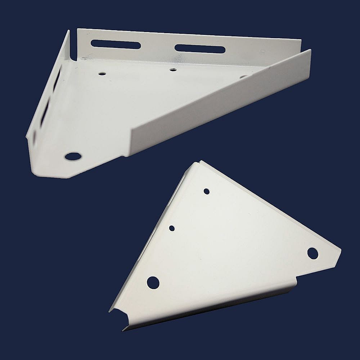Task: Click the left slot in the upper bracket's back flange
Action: click(115, 45)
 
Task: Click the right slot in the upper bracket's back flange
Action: click(200, 49)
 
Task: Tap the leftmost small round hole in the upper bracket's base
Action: click(102, 73)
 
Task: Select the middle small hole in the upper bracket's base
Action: click(173, 69)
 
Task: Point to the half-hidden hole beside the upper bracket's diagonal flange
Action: click(243, 76)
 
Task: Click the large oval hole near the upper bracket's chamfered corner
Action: click(73, 156)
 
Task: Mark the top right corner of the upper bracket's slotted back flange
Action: click(301, 40)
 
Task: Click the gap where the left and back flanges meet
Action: click(73, 54)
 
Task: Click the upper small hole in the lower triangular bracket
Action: click(207, 191)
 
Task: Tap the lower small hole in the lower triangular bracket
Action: click(172, 228)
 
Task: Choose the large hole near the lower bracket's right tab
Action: click(312, 253)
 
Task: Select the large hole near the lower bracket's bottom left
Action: click(153, 283)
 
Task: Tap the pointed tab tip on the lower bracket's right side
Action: click(340, 249)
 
